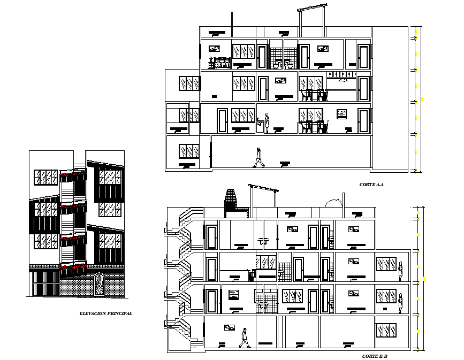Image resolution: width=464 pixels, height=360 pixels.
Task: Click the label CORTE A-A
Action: pyautogui.click(x=372, y=185)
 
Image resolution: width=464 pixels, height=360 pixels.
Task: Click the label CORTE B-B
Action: pyautogui.click(x=374, y=356)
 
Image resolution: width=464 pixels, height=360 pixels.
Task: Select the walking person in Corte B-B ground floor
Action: pyautogui.click(x=244, y=338)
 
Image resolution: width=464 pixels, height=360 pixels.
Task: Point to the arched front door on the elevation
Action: pyautogui.click(x=99, y=284)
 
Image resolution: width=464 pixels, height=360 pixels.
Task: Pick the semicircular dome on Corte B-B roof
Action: pyautogui.click(x=335, y=204)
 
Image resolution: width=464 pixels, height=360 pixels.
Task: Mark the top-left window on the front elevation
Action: pyautogui.click(x=45, y=178)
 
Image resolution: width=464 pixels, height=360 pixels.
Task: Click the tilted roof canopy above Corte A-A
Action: pyautogui.click(x=311, y=7)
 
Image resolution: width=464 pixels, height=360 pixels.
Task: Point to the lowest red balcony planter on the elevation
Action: pyautogui.click(x=73, y=266)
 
